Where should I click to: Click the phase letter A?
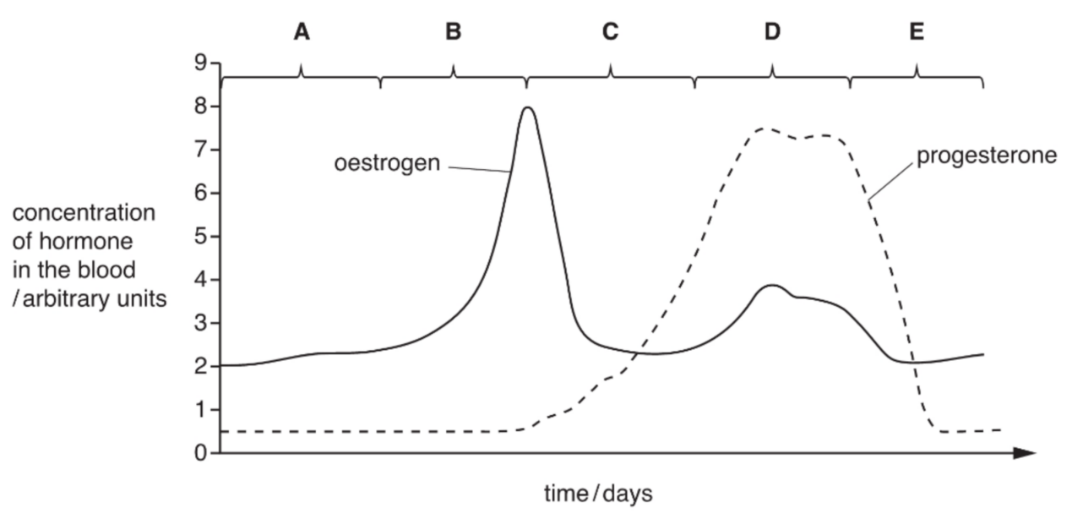(x=302, y=33)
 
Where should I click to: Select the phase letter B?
(x=454, y=33)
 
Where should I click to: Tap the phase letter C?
(x=610, y=33)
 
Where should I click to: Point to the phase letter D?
(x=772, y=33)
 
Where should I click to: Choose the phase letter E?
(x=917, y=33)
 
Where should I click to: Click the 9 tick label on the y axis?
(x=199, y=63)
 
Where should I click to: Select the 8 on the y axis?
(x=199, y=107)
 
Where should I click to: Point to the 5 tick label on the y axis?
(x=199, y=237)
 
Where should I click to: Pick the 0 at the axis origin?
(x=199, y=453)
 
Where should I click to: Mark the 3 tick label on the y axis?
(x=199, y=323)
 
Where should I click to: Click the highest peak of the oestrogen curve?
(x=528, y=107)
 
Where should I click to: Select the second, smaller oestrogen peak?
(x=771, y=285)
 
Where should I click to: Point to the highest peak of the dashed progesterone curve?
(x=765, y=128)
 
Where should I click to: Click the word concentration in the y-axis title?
(x=83, y=214)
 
